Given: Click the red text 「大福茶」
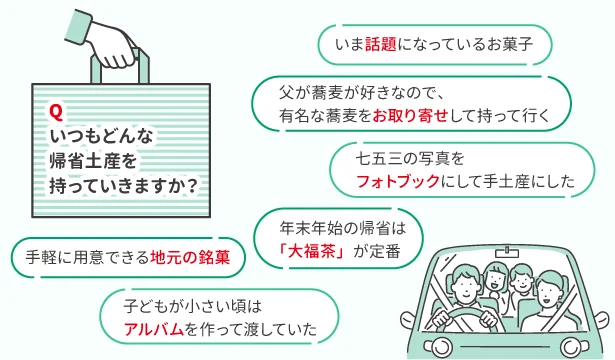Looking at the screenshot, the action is (318, 251).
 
